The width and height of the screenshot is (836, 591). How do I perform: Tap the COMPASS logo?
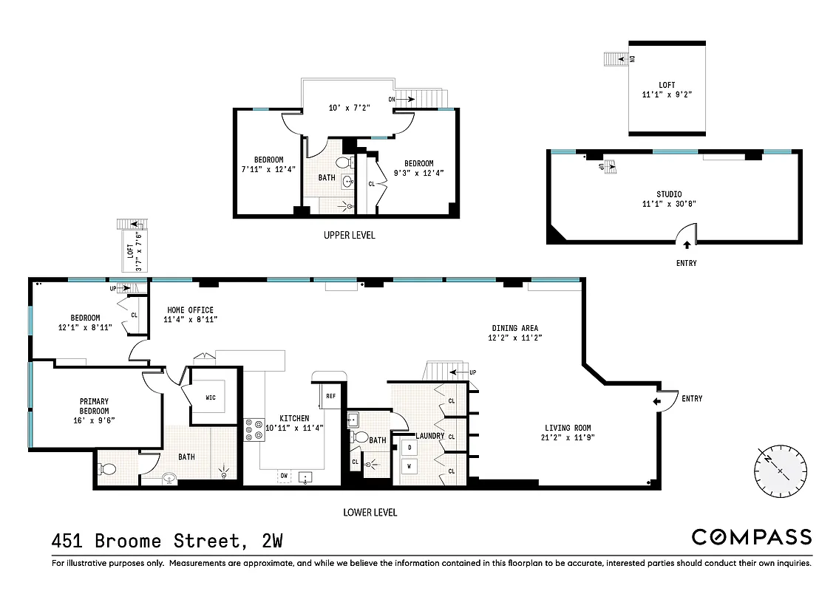coord(751,537)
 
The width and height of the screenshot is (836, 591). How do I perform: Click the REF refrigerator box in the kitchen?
coord(330,396)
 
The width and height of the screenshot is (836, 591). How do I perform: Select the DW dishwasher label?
coord(285,475)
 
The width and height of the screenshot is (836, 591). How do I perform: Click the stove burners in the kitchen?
coord(254,430)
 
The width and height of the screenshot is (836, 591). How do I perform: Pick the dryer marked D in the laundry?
coord(409,447)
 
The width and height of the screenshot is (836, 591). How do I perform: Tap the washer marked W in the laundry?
coord(409,466)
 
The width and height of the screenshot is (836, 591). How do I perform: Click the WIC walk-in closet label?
coord(210,397)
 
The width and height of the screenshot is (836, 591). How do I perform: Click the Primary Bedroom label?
coord(95,406)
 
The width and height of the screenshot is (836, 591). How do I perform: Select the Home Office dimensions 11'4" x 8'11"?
coord(190,320)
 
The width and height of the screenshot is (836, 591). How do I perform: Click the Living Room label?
coord(568,428)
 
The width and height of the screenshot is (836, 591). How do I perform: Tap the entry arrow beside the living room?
coord(657,400)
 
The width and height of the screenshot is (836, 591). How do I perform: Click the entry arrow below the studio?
coord(686,245)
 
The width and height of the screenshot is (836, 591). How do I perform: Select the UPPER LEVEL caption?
coord(349,236)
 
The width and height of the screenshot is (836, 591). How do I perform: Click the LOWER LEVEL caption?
coord(370,512)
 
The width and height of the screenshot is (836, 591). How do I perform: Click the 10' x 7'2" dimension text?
coord(349,108)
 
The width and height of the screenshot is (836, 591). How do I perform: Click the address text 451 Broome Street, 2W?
coord(167,541)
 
